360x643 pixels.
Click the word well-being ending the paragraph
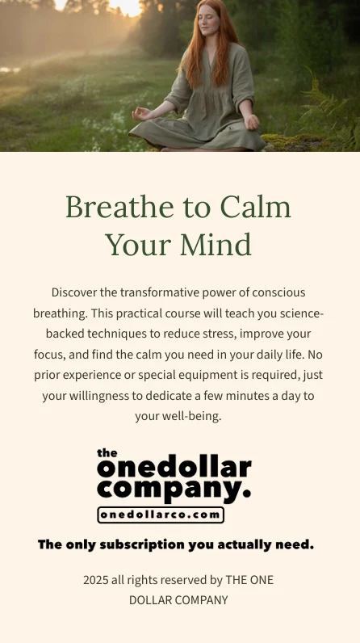click(190, 417)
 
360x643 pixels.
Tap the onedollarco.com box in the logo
click(161, 515)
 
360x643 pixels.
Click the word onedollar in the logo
click(174, 469)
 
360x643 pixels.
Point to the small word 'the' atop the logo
click(107, 453)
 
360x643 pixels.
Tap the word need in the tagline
click(294, 544)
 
